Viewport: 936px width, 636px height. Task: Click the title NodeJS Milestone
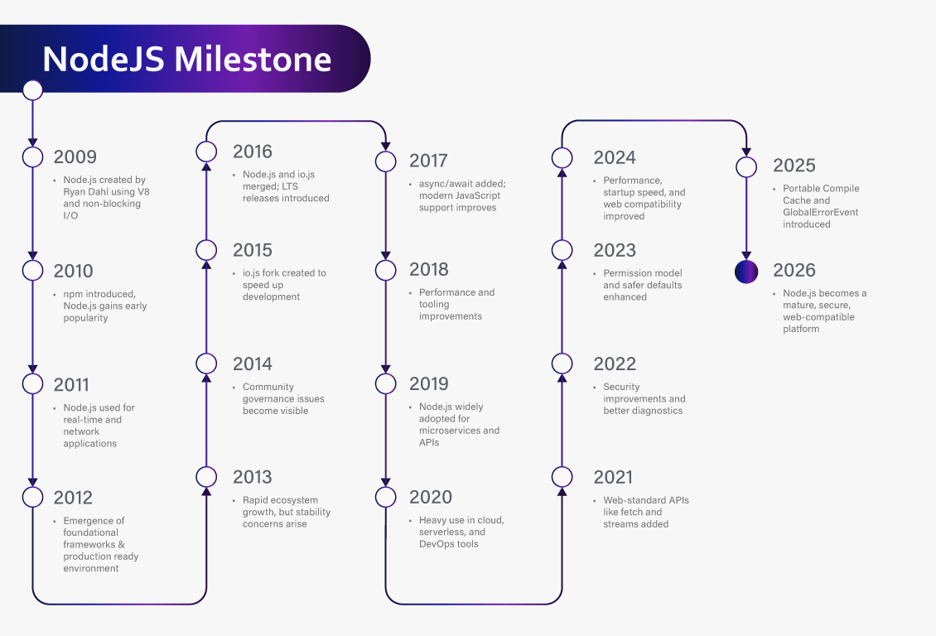click(187, 59)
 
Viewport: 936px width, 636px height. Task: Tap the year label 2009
click(75, 157)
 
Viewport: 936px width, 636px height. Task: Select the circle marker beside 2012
click(32, 497)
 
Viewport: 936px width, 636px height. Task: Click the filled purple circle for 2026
click(746, 271)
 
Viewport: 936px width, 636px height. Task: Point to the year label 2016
click(253, 152)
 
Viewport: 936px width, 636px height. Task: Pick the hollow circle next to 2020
click(385, 497)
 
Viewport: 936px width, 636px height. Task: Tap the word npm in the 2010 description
click(73, 294)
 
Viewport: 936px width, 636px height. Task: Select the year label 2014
click(253, 364)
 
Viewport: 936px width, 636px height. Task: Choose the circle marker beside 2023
click(562, 250)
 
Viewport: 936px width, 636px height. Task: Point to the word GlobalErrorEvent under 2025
click(821, 212)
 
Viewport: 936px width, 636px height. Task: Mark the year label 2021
click(613, 477)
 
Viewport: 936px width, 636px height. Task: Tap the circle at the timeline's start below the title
click(32, 89)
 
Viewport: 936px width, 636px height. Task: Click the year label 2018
click(429, 269)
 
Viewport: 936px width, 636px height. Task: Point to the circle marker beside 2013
click(206, 476)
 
